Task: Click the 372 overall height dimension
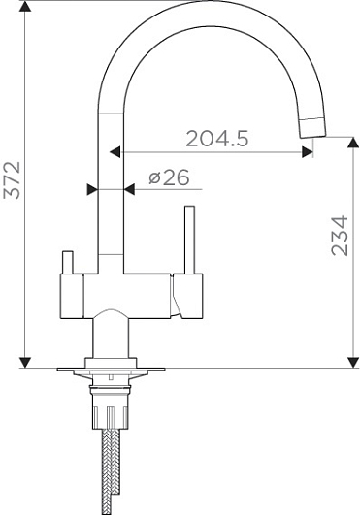click(12, 180)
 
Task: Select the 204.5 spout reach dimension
click(217, 139)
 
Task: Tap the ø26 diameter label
click(169, 177)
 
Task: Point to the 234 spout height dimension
click(340, 236)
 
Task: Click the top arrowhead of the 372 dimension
click(25, 6)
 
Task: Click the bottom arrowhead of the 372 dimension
click(25, 363)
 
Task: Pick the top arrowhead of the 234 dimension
click(353, 143)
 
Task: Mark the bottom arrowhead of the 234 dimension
click(353, 363)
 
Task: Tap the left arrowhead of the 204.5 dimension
click(115, 152)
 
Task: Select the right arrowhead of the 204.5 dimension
click(308, 152)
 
